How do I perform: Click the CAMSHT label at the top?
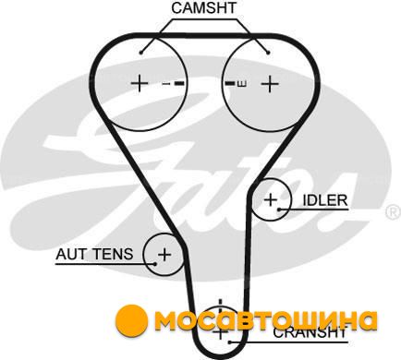click(x=204, y=8)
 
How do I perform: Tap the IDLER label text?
click(x=325, y=200)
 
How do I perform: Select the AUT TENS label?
click(x=94, y=254)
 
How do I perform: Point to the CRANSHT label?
click(x=310, y=332)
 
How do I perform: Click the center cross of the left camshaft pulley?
click(x=140, y=83)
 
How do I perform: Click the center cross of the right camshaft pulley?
click(x=270, y=84)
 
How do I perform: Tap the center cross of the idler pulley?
click(x=271, y=200)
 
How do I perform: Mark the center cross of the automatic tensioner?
click(x=164, y=255)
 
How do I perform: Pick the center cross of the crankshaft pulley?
click(x=220, y=333)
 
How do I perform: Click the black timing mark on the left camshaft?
click(x=179, y=83)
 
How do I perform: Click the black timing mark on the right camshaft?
click(x=230, y=83)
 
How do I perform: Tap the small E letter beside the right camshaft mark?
click(x=242, y=83)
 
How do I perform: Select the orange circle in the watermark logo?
click(x=132, y=319)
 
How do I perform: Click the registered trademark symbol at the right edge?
click(x=394, y=212)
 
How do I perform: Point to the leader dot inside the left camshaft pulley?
click(x=141, y=53)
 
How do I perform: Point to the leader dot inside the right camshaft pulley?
click(x=268, y=53)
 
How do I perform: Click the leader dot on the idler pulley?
click(x=279, y=210)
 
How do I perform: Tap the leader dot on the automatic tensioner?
click(x=155, y=264)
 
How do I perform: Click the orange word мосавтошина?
click(x=266, y=320)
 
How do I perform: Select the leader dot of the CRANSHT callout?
click(x=229, y=342)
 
